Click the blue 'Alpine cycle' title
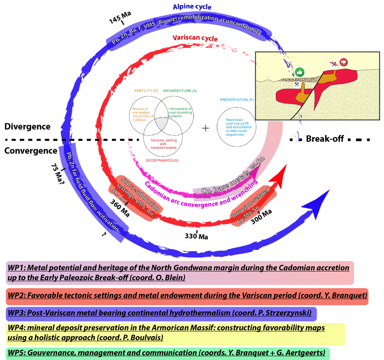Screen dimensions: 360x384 (192, 6)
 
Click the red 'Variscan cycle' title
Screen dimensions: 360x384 (195, 38)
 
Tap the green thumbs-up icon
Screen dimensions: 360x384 (300, 72)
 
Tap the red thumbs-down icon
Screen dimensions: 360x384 (344, 62)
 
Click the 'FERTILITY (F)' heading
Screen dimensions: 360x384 (146, 91)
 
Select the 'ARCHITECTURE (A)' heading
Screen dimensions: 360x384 (180, 91)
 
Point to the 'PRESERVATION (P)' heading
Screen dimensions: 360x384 (237, 100)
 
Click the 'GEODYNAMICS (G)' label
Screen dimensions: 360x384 (162, 161)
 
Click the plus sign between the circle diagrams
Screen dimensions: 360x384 (206, 128)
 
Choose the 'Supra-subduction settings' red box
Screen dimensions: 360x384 (135, 197)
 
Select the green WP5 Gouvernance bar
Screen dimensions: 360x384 (167, 353)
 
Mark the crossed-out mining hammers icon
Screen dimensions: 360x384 (334, 64)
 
